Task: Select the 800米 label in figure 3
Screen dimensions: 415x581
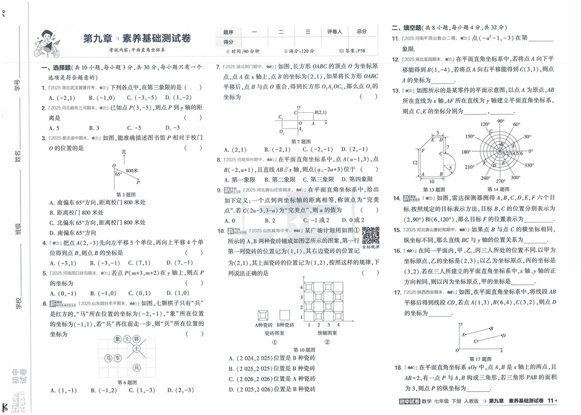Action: coord(132,170)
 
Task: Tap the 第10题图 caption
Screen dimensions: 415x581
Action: coord(304,350)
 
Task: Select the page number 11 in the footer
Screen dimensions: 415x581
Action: coord(550,400)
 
